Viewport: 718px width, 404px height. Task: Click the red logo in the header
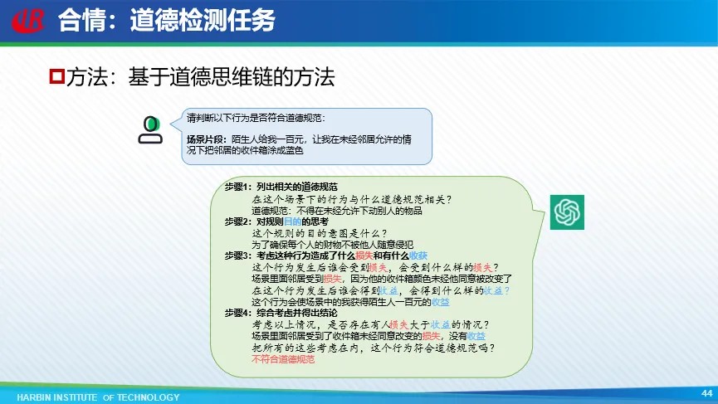click(x=28, y=21)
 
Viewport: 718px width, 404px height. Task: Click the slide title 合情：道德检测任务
click(x=167, y=21)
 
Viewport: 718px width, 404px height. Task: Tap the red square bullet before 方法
click(x=56, y=75)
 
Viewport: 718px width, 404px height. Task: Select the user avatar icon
click(x=150, y=130)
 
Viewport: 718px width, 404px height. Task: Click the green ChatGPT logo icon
click(x=567, y=212)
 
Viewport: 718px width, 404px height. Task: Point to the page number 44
click(x=706, y=393)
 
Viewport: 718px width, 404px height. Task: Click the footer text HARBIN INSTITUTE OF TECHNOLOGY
click(x=98, y=397)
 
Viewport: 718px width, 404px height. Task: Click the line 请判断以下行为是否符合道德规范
click(x=256, y=118)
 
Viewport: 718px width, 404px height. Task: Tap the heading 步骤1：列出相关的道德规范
click(x=281, y=187)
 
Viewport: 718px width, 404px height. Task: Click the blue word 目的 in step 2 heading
click(x=293, y=221)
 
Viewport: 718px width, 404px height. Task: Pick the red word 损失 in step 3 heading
click(x=364, y=256)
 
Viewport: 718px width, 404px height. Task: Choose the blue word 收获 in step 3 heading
click(x=418, y=256)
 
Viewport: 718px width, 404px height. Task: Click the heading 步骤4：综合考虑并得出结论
click(x=281, y=313)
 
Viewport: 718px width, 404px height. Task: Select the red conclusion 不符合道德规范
click(x=283, y=359)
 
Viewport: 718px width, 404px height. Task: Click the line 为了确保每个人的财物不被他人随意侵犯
click(x=332, y=245)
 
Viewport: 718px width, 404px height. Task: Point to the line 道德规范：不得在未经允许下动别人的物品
click(x=336, y=211)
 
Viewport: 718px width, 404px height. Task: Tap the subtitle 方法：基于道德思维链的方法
click(x=200, y=76)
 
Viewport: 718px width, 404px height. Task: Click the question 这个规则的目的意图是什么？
click(x=320, y=233)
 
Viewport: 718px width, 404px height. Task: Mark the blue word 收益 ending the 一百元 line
click(x=441, y=302)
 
